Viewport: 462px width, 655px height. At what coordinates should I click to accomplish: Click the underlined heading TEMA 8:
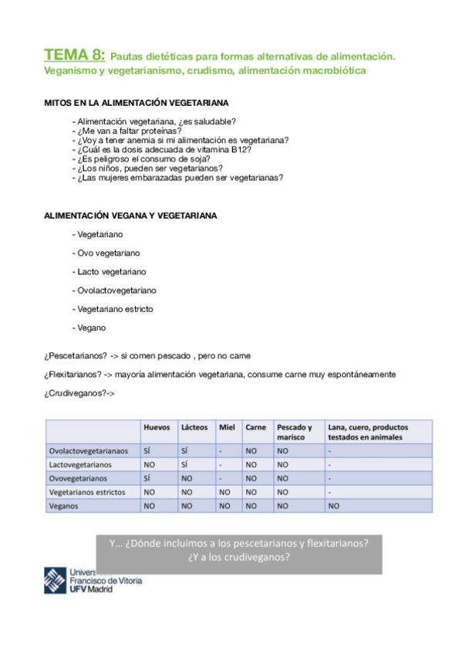[75, 55]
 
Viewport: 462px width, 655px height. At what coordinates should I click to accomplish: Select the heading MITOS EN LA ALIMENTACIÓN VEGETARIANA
[136, 103]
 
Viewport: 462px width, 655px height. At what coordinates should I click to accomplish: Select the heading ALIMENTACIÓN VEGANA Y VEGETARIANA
[130, 216]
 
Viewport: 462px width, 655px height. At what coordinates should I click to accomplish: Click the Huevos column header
[157, 427]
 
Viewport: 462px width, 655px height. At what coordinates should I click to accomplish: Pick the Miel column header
[226, 427]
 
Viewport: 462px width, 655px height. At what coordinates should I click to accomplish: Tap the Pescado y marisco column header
[295, 432]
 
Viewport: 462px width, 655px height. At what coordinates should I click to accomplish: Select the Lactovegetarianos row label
[80, 465]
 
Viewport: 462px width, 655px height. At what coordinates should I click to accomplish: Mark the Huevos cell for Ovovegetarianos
[147, 478]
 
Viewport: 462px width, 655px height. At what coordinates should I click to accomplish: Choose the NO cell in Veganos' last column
[333, 506]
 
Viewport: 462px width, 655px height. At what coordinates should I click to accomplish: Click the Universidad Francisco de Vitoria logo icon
[56, 580]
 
